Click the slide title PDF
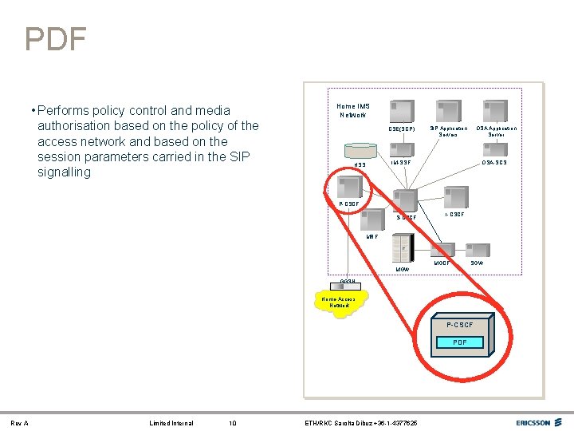coord(55,38)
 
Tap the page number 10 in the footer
coord(231,422)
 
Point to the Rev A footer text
coord(19,422)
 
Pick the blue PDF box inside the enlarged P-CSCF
coord(460,342)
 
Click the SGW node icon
coord(478,251)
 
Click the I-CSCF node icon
coord(455,197)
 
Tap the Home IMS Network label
coord(352,110)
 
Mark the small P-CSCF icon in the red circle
coord(349,187)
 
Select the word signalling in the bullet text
coord(64,172)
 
